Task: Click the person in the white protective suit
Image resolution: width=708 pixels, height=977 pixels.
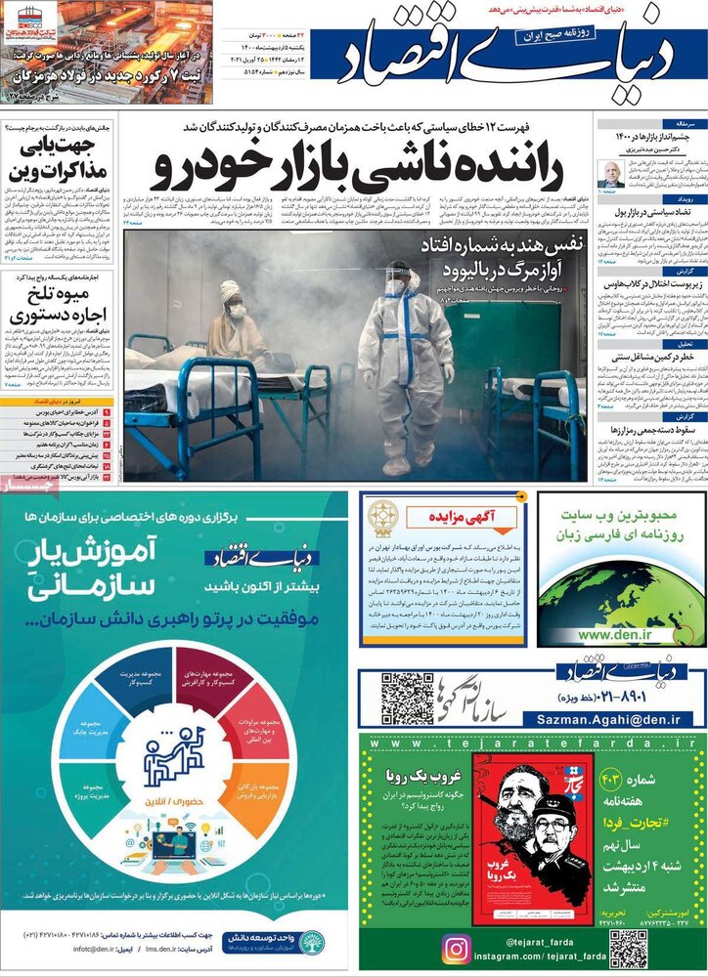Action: click(x=403, y=361)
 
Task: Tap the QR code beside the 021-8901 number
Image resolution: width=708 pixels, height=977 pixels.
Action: click(x=407, y=698)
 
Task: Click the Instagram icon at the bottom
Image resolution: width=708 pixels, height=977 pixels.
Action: click(x=456, y=948)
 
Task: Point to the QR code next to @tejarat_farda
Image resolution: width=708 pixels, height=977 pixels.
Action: click(x=628, y=948)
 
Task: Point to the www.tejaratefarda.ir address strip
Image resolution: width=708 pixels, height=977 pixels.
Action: click(x=531, y=743)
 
